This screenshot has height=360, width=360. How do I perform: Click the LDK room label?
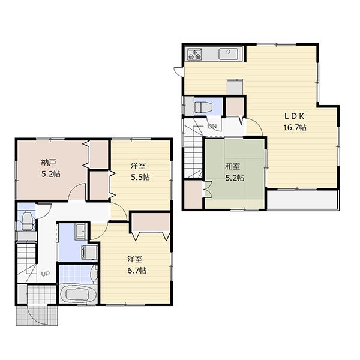pyautogui.click(x=295, y=116)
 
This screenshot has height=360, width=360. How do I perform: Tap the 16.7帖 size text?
pyautogui.click(x=295, y=127)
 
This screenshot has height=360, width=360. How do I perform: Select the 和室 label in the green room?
pyautogui.click(x=233, y=166)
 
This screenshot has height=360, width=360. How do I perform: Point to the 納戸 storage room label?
pyautogui.click(x=49, y=163)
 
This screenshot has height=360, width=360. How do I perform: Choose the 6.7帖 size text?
pyautogui.click(x=137, y=270)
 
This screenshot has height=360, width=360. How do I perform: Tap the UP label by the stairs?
pyautogui.click(x=45, y=274)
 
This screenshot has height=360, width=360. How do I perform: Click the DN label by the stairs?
pyautogui.click(x=212, y=127)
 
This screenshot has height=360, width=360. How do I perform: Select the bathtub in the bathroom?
pyautogui.click(x=77, y=296)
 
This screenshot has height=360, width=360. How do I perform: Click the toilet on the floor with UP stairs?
pyautogui.click(x=27, y=222)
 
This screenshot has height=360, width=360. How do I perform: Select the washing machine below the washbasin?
pyautogui.click(x=87, y=252)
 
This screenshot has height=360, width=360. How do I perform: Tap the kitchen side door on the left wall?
pyautogui.click(x=178, y=71)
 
